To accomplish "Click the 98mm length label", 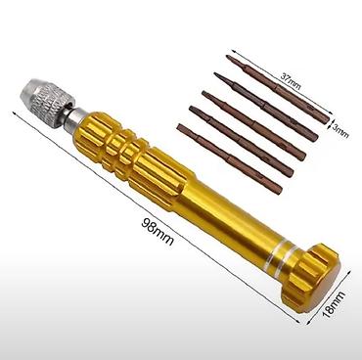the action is [158, 231].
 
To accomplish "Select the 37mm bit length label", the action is [291, 80].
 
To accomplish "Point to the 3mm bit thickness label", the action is [340, 129].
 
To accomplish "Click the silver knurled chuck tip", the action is [46, 96].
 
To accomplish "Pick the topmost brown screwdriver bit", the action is [278, 89].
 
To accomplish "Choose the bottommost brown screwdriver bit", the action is [230, 158].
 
